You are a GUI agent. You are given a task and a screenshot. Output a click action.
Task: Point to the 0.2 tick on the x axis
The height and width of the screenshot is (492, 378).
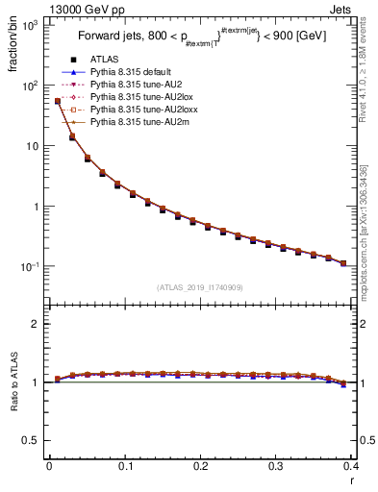click(x=200, y=466)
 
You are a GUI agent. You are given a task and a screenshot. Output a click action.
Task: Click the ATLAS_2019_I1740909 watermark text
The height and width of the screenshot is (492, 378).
click(x=199, y=287)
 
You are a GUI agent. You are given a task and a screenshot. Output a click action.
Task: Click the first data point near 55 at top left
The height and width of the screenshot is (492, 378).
click(x=57, y=101)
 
